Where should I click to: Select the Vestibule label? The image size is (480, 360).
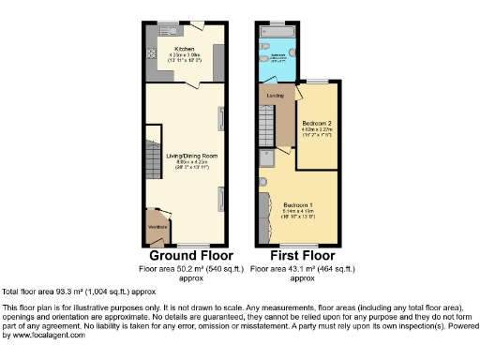click(x=157, y=227)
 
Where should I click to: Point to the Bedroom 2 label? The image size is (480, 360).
click(x=317, y=124)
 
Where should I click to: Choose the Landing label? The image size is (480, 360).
click(x=275, y=96)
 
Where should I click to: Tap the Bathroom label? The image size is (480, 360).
click(x=278, y=55)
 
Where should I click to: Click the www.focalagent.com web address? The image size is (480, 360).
click(x=45, y=335)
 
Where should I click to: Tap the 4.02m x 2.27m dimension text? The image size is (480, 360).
click(x=317, y=131)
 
